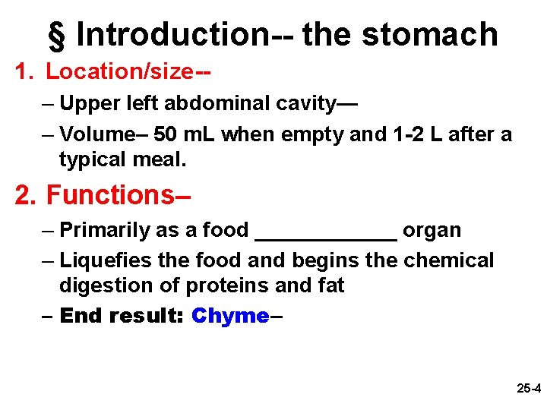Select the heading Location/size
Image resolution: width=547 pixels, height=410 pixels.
pos(119,72)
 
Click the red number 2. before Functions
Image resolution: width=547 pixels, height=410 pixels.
pos(27,195)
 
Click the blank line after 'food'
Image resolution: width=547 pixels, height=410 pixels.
pos(326,235)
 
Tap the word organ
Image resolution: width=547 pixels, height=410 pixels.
pos(432,230)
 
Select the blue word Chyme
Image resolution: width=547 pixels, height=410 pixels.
pos(230,316)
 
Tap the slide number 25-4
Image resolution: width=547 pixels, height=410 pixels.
pos(528,389)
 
